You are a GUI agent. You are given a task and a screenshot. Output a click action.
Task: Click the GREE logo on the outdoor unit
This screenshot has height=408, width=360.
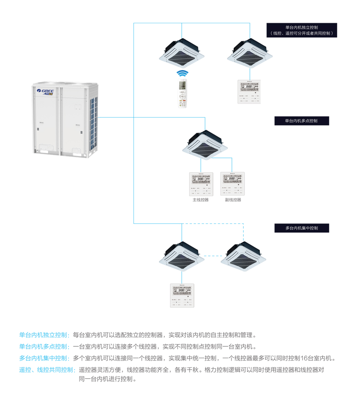46,91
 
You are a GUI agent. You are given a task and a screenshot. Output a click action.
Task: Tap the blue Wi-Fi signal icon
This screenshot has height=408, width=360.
182,74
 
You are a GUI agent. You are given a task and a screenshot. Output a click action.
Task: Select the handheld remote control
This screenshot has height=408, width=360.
183,94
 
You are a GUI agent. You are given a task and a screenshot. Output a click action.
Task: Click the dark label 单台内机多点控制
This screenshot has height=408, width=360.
301,121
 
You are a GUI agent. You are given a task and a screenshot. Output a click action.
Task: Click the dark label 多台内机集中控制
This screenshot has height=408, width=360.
301,227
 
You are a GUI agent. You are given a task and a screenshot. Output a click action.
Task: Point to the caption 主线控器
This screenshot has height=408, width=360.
201,200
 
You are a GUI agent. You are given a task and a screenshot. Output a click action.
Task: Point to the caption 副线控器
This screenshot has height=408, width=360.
233,200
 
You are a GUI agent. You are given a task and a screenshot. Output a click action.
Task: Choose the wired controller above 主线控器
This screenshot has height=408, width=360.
201,184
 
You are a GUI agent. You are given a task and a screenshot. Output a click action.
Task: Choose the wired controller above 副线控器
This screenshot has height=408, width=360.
232,184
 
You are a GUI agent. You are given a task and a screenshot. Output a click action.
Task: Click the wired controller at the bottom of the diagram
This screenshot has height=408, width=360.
182,295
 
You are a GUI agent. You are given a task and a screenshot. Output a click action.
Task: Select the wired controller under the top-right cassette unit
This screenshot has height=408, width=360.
249,92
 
